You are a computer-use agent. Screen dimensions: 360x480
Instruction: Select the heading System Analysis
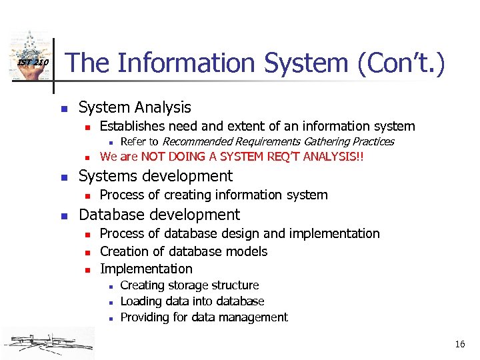pos(135,107)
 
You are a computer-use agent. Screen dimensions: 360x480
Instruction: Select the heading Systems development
pos(155,176)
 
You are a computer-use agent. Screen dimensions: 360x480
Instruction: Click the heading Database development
pos(159,215)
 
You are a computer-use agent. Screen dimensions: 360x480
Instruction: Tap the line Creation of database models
pos(183,251)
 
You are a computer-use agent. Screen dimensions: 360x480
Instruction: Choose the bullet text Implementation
pos(146,269)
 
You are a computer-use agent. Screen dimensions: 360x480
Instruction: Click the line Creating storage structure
pos(189,285)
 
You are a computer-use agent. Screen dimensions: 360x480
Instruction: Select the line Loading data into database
pos(192,301)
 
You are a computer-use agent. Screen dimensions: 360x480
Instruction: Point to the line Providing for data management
pos(204,317)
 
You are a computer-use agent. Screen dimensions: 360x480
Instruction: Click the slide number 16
pos(459,344)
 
